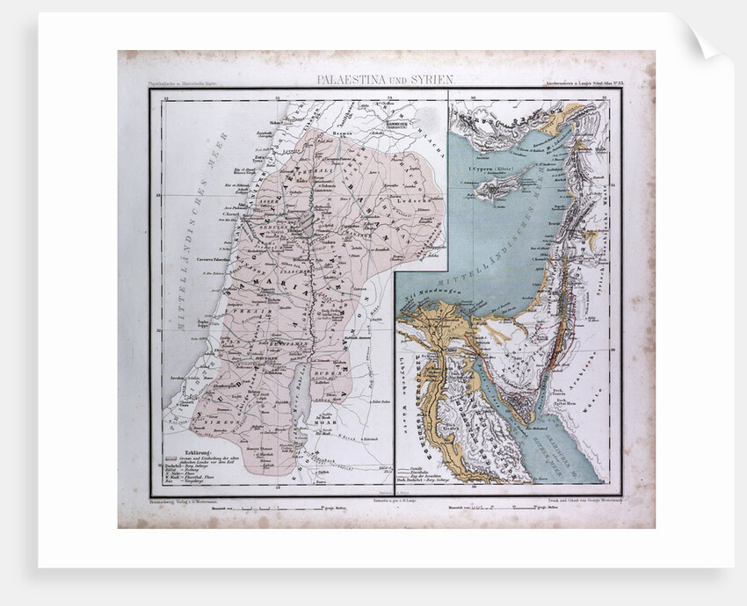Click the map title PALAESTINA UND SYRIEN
386,79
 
